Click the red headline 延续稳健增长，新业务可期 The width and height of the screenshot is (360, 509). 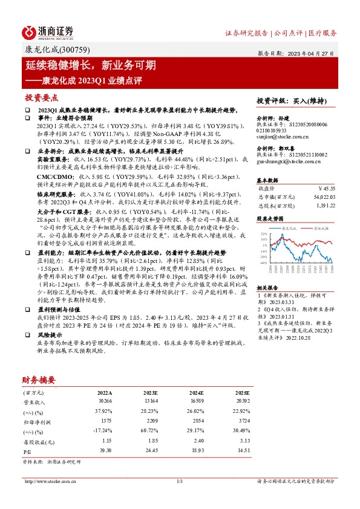click(91, 64)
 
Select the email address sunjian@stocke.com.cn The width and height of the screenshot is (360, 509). click(280, 138)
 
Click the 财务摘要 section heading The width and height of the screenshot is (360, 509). click(40, 380)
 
